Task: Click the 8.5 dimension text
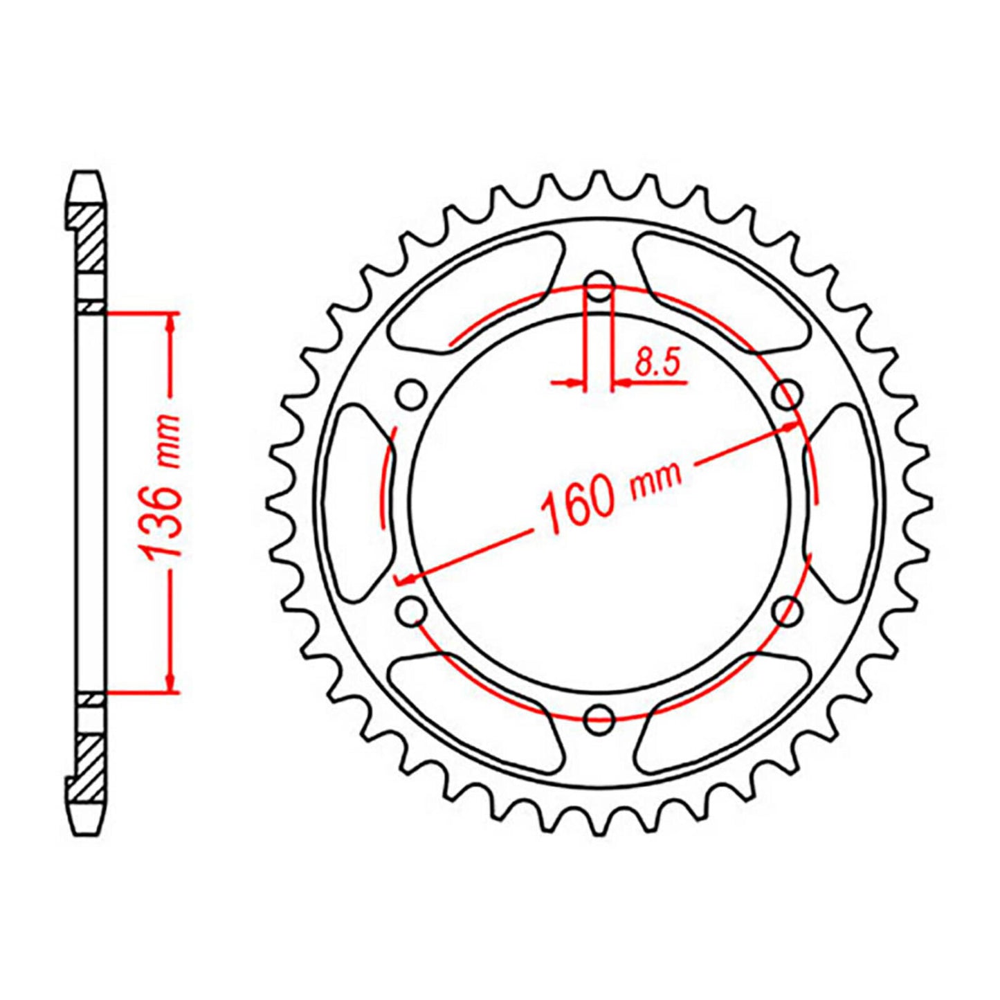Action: (657, 363)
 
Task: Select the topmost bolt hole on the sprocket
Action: (599, 285)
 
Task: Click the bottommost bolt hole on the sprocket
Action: (599, 718)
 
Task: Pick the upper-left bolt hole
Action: (412, 395)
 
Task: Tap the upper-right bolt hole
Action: (786, 395)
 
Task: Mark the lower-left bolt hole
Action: (412, 610)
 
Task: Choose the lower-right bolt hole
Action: (786, 610)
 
